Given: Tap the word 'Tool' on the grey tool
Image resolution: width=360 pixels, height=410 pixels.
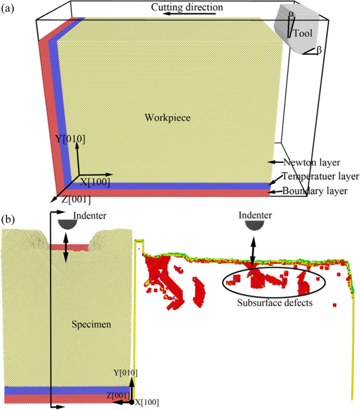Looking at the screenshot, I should coord(303,33).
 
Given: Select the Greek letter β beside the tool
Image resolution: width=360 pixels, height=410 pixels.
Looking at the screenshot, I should coord(319,50).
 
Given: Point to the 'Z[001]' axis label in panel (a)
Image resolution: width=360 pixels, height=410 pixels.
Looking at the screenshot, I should coord(75,200).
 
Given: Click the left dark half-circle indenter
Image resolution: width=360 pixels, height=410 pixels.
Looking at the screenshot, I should coord(69,223).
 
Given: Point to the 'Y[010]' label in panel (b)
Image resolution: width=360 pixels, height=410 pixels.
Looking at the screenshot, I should coord(126,373).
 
